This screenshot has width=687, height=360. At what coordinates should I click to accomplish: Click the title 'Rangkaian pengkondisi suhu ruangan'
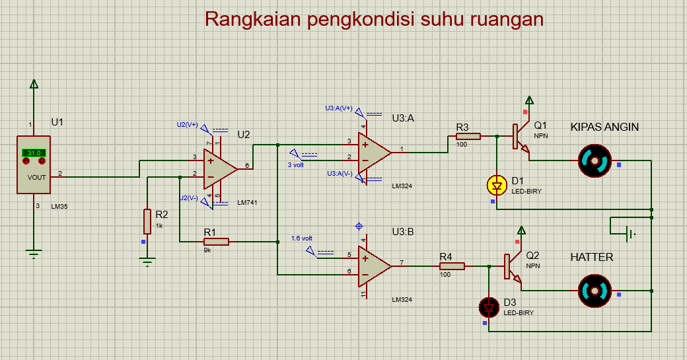374,18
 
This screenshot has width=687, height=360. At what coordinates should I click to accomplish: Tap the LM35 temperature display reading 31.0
33,153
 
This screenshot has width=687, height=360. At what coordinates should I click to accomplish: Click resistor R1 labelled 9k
216,242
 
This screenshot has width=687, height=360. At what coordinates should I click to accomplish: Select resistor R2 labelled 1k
147,221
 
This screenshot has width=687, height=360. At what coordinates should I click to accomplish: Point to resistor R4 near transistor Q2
452,266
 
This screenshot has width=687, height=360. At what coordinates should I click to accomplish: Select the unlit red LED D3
488,306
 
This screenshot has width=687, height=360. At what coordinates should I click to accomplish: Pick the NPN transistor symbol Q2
513,267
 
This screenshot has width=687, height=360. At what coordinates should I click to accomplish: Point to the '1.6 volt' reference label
301,238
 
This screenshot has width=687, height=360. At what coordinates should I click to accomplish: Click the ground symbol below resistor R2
147,263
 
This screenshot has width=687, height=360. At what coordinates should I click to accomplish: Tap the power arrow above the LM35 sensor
34,84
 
